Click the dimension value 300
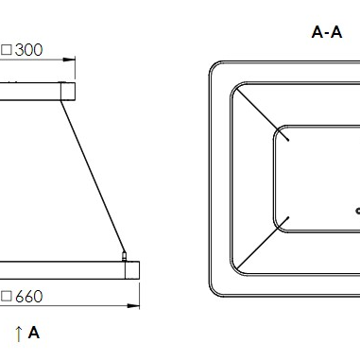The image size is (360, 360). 28,50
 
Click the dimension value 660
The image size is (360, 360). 28,297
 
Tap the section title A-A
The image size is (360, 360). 327,32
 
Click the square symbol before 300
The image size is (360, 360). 7,50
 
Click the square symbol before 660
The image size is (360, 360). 7,297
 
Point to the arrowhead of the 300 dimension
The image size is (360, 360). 69,60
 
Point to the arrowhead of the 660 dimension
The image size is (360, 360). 133,306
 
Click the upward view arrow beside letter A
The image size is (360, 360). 19,334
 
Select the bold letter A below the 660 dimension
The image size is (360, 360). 34,333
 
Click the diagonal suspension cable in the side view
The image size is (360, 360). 93,177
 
